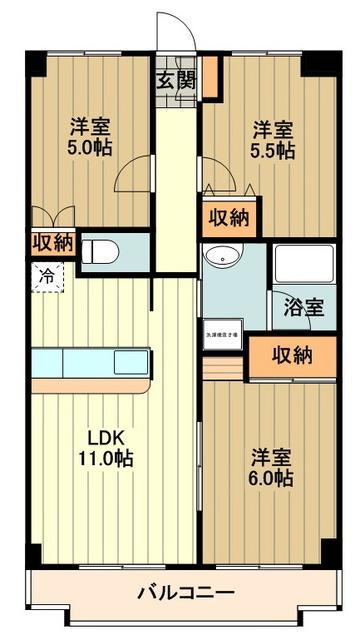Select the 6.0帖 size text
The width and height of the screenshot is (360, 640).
click(x=272, y=478)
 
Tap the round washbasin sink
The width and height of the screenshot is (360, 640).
click(x=218, y=256)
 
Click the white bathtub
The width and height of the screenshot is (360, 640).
click(x=304, y=263)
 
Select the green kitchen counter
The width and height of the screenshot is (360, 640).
click(x=90, y=361)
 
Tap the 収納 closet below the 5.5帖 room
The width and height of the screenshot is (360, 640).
click(x=229, y=219)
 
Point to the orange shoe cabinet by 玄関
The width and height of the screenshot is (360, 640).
click(x=210, y=77)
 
